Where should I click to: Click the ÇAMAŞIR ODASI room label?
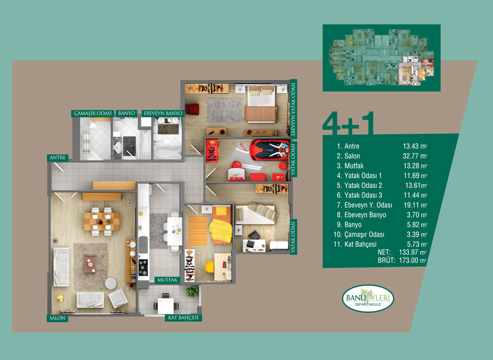point(93,113)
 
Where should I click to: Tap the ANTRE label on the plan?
point(58,157)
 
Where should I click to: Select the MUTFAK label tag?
point(167,280)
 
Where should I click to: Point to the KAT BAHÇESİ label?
point(184,317)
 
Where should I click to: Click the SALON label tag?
point(58,318)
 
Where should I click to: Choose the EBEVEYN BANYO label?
point(163,113)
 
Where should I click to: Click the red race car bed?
point(270,150)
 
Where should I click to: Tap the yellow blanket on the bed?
point(221,230)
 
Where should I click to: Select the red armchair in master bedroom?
point(192,110)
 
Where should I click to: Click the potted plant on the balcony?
point(192,292)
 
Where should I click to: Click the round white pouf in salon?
point(111,283)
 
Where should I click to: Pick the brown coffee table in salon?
point(90,264)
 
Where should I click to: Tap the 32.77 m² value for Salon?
point(415,156)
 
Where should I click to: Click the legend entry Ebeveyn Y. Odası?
point(368,205)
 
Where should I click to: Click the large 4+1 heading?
point(349,123)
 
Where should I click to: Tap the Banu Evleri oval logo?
point(368,298)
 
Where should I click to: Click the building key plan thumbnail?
point(381,58)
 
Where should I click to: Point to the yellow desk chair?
point(209,266)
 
